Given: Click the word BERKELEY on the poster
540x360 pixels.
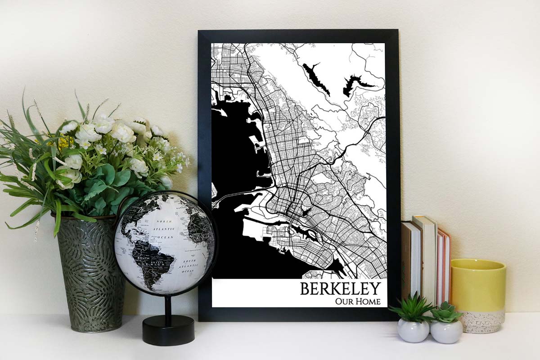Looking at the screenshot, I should click(x=340, y=288).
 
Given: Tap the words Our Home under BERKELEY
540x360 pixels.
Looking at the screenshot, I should click(x=358, y=301).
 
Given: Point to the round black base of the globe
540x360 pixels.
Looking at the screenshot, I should click(x=168, y=331).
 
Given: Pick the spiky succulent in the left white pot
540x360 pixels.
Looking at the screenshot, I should click(x=411, y=308).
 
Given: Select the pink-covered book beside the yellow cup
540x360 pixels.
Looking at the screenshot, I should click(x=445, y=265).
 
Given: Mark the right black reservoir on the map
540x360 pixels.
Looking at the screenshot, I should click(x=355, y=84).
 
